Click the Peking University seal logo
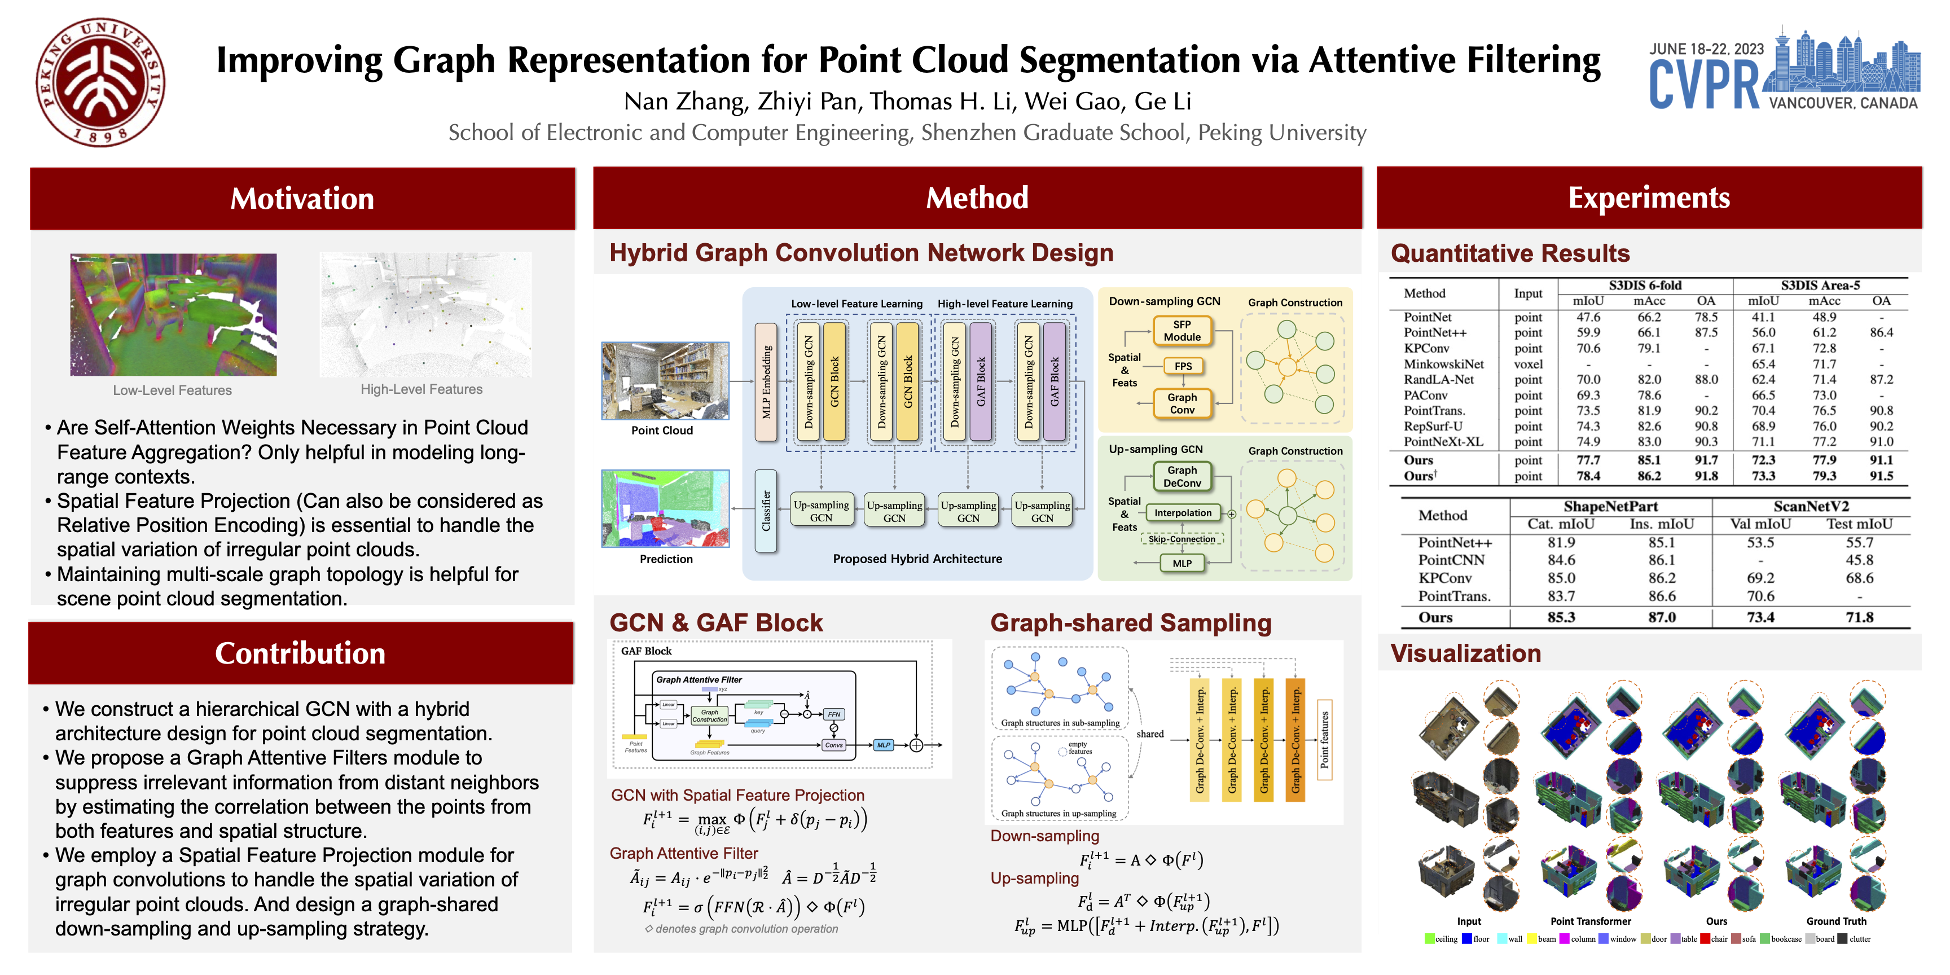pos(100,82)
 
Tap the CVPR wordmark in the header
pos(1705,86)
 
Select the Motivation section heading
pos(302,199)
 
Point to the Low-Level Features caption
pos(173,390)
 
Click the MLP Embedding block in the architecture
pos(766,383)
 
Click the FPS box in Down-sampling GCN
pos(1183,366)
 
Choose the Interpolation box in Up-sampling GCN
pos(1183,512)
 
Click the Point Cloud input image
pos(665,381)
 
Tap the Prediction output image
pos(665,508)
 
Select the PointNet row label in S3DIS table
pos(1427,317)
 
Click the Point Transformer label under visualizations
pos(1591,921)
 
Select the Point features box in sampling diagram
pos(1325,740)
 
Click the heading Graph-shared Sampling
pos(1130,623)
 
